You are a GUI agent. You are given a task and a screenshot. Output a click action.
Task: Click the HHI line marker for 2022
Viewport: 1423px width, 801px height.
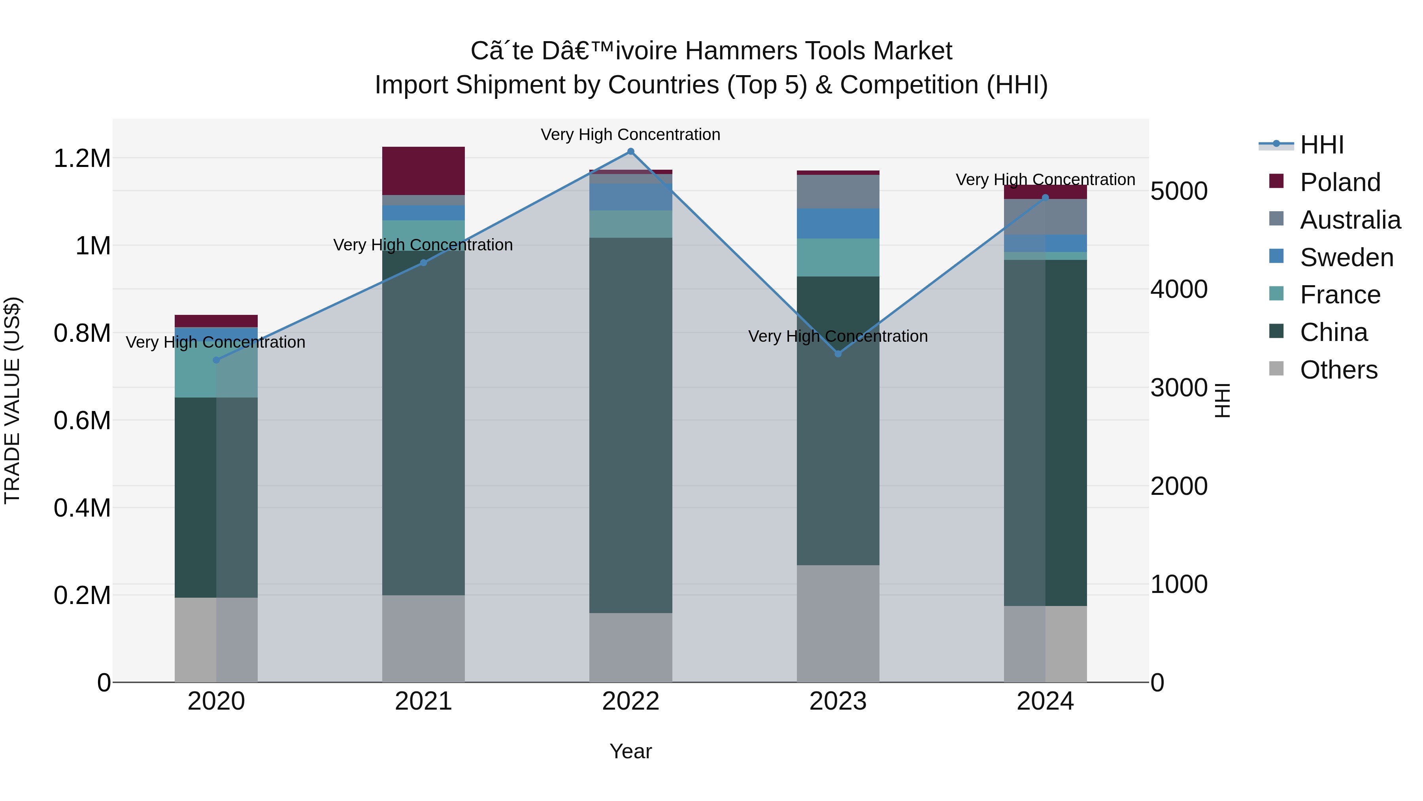(x=630, y=151)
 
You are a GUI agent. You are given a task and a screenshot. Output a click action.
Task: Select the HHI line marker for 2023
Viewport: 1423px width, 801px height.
(x=838, y=354)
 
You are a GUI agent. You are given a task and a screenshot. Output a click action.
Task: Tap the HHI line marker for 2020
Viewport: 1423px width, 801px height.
(x=216, y=360)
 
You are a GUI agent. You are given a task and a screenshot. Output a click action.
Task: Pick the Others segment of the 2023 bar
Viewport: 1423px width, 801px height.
(x=838, y=623)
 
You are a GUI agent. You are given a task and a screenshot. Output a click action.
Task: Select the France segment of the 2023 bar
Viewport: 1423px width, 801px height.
(x=838, y=257)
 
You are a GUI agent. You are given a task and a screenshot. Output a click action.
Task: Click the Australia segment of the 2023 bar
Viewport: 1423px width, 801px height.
(x=838, y=191)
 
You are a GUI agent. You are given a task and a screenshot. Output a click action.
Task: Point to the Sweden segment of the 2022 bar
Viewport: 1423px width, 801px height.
(x=630, y=197)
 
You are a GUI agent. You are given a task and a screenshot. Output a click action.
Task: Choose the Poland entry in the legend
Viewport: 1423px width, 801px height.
(x=1340, y=182)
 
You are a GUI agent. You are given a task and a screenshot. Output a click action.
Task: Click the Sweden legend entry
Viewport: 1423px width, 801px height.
(x=1347, y=258)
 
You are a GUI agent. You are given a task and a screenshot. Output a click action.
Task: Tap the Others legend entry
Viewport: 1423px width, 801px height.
(x=1338, y=370)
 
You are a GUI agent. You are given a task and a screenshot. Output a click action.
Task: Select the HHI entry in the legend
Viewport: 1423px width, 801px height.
(x=1322, y=145)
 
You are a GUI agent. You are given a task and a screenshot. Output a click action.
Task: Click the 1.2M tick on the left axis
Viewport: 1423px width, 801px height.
(x=82, y=159)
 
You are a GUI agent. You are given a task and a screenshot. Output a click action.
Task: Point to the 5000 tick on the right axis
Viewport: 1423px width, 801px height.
(x=1179, y=191)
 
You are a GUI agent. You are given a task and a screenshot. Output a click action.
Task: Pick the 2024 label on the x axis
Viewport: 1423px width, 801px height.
(x=1045, y=701)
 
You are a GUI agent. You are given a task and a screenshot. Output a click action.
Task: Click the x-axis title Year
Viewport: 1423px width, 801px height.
(x=630, y=751)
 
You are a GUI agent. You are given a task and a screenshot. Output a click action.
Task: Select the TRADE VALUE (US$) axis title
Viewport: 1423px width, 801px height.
(x=12, y=400)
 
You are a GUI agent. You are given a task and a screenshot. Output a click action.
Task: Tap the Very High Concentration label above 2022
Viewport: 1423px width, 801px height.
(x=630, y=134)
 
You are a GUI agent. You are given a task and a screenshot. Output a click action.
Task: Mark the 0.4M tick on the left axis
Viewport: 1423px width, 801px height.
(x=82, y=508)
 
